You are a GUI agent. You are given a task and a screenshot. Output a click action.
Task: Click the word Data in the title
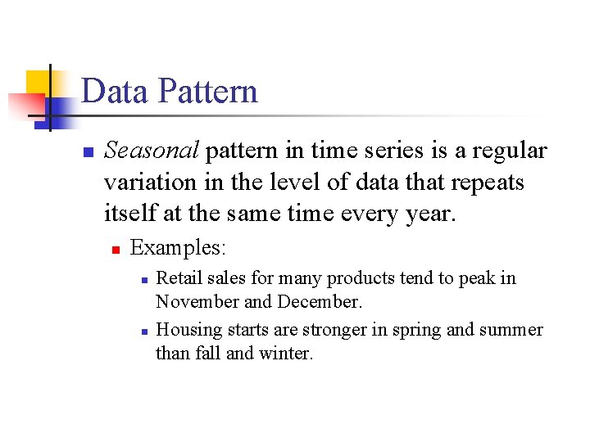(x=115, y=91)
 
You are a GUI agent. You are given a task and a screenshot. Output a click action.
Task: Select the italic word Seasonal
(x=152, y=151)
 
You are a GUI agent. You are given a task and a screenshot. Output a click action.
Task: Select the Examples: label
(x=179, y=246)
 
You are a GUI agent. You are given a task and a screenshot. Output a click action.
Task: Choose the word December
(x=319, y=301)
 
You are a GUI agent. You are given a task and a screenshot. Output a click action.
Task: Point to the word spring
(x=412, y=330)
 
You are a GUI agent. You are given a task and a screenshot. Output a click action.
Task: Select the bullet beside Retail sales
(x=143, y=280)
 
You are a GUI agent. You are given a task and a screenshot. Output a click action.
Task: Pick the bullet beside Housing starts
(x=143, y=331)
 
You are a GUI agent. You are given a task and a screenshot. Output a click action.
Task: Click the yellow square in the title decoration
(x=37, y=83)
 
